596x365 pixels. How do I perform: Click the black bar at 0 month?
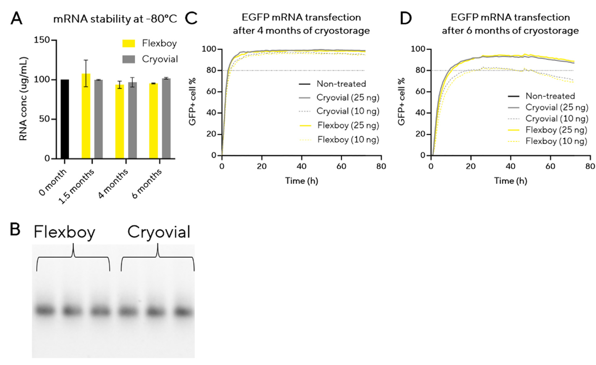(65, 119)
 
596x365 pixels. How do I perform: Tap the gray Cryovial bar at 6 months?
(166, 118)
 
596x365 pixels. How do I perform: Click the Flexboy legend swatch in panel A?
(129, 43)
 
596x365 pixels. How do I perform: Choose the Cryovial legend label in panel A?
(160, 59)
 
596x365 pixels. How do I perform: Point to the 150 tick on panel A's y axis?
(42, 40)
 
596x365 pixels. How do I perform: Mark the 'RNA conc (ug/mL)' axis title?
(23, 99)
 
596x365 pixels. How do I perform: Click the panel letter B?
(15, 229)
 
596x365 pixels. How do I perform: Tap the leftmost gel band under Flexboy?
(45, 310)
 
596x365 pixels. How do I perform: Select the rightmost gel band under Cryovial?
(183, 311)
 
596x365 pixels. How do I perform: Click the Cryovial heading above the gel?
(158, 232)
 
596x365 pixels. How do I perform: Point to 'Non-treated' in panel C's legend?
(341, 84)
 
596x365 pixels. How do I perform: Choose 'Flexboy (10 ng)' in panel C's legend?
(348, 140)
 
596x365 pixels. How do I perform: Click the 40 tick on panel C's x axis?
(301, 166)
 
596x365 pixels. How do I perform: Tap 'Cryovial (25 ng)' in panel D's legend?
(557, 107)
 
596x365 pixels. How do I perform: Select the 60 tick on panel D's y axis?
(420, 92)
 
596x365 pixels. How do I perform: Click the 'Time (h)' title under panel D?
(510, 181)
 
